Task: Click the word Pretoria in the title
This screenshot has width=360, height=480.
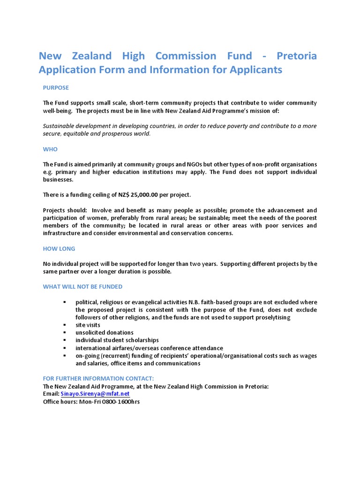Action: point(296,56)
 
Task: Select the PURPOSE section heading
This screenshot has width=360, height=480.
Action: point(56,88)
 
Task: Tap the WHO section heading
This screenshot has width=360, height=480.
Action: point(50,149)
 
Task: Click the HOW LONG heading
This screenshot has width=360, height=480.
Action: point(59,249)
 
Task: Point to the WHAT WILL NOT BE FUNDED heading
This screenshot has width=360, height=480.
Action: point(82,286)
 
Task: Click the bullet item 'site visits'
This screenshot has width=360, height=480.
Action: point(88,325)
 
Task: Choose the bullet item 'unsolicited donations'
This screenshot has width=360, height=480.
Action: point(104,332)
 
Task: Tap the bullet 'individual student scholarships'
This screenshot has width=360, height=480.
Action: point(117,340)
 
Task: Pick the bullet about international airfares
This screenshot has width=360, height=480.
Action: point(149,348)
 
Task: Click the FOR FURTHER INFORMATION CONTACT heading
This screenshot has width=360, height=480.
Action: point(98,378)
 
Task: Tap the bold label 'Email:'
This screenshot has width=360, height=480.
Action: point(51,394)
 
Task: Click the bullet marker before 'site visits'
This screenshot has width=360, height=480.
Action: point(65,325)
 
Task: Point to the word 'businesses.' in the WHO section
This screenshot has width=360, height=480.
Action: point(58,179)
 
